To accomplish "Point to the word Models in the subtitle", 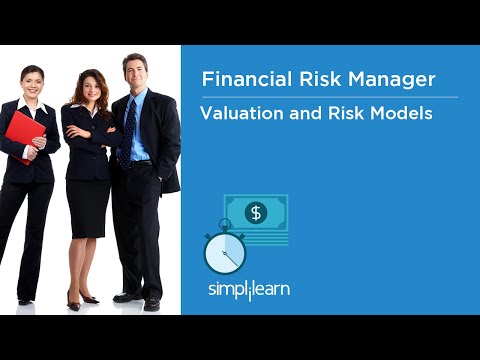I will point(399,113).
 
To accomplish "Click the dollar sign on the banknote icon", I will point(256,212).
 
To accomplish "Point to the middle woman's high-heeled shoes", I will point(82,300).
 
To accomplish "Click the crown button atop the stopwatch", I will point(224,222).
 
